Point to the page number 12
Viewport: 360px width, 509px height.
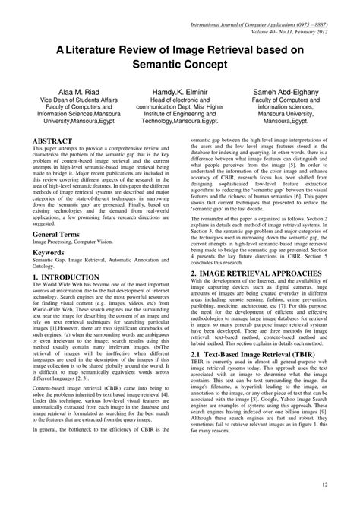coord(325,485)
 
